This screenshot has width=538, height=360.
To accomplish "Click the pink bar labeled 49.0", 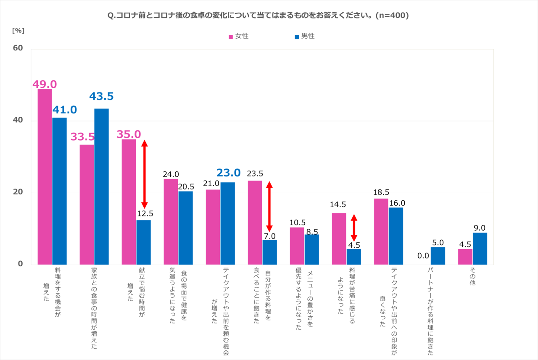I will (x=45, y=176).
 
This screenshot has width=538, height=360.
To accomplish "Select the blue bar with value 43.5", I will (x=101, y=187).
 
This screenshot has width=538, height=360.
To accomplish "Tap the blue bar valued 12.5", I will (x=143, y=242).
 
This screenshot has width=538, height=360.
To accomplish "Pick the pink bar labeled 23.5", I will (x=255, y=223).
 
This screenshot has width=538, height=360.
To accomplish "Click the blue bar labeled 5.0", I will (x=438, y=256).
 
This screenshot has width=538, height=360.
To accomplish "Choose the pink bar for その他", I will (x=465, y=257).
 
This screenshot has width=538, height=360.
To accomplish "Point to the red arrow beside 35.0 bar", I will (x=144, y=174).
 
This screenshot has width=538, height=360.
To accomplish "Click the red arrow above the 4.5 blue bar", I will (x=354, y=228).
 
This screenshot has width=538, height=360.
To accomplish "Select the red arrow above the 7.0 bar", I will (x=269, y=207).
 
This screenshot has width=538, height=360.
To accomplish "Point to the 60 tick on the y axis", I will (x=18, y=48).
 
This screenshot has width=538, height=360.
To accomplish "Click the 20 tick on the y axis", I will (x=18, y=192).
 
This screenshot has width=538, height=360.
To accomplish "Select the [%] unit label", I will (x=18, y=30).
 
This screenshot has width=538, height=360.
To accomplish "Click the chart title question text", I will (x=258, y=15).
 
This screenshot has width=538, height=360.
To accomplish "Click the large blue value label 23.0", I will (x=228, y=173).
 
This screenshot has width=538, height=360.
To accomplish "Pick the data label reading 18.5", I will (x=381, y=192).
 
